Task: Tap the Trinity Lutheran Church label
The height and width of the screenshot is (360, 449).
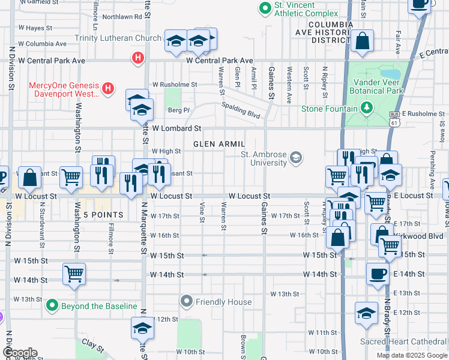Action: click(x=118, y=38)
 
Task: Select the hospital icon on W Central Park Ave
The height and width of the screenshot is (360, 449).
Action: click(x=137, y=58)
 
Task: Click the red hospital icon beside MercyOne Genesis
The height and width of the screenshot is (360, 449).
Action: click(x=108, y=89)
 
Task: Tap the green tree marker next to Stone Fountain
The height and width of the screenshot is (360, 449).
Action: click(x=366, y=108)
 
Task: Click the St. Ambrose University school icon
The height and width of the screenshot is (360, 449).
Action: click(x=295, y=158)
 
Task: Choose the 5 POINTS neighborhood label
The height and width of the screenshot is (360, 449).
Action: click(x=103, y=215)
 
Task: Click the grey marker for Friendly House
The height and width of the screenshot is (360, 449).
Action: click(x=187, y=300)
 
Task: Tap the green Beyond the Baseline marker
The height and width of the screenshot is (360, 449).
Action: click(x=52, y=306)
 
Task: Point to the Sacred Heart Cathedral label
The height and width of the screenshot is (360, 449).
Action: click(x=403, y=341)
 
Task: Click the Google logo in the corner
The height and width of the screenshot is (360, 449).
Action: click(x=20, y=353)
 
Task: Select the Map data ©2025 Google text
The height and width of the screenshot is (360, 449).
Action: click(x=411, y=355)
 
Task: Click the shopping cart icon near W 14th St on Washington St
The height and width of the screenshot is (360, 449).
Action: click(x=74, y=274)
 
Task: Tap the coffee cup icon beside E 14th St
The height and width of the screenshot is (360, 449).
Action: click(x=378, y=274)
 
